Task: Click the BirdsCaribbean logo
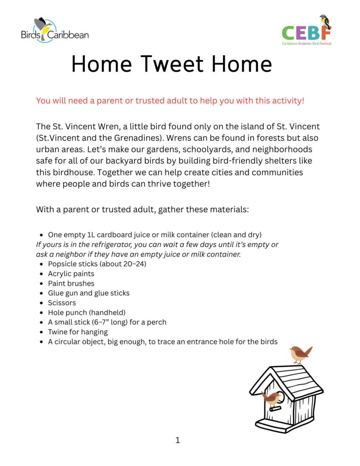pyautogui.click(x=54, y=30)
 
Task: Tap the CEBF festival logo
pyautogui.click(x=307, y=30)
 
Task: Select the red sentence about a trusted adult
pyautogui.click(x=170, y=101)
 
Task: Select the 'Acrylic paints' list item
pyautogui.click(x=71, y=274)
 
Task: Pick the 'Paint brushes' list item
pyautogui.click(x=71, y=284)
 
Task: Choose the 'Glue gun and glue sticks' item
pyautogui.click(x=89, y=293)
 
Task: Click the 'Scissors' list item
pyautogui.click(x=61, y=303)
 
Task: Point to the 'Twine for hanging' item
pyautogui.click(x=77, y=332)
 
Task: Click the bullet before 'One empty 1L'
pyautogui.click(x=42, y=234)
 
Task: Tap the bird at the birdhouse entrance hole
pyautogui.click(x=270, y=398)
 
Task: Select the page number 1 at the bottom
pyautogui.click(x=178, y=440)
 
